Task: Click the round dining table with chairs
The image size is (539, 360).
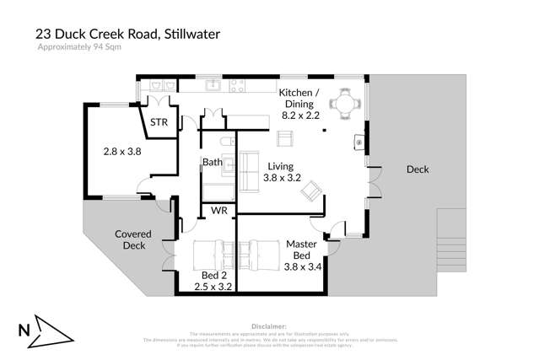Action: (342, 105)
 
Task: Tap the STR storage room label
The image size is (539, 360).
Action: (159, 123)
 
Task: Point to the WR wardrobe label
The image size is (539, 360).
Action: (218, 209)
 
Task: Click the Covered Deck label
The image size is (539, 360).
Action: (131, 240)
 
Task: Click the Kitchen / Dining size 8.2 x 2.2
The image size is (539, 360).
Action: (302, 114)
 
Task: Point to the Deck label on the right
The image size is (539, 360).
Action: (418, 169)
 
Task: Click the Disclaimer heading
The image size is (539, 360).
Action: (270, 325)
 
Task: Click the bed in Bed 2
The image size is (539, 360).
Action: (208, 252)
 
